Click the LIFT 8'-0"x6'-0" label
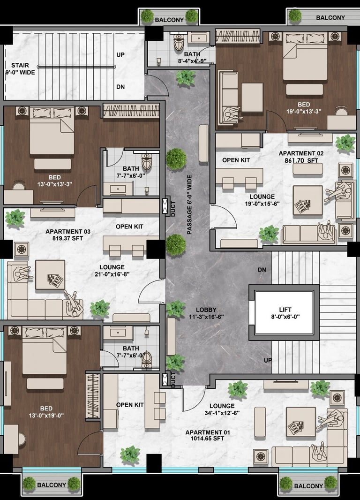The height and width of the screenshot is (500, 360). (x=285, y=313)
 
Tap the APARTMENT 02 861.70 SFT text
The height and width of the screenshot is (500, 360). (x=301, y=157)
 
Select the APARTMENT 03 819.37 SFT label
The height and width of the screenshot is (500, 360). (x=68, y=235)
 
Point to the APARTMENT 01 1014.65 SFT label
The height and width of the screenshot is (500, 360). (x=207, y=436)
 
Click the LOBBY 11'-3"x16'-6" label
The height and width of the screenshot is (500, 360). (x=206, y=313)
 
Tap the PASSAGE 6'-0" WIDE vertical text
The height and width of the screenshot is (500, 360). (x=189, y=205)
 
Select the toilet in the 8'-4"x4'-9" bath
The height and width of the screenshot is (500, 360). (x=179, y=41)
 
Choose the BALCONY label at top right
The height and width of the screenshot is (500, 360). (x=330, y=18)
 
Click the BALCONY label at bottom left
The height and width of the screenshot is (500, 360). (x=52, y=485)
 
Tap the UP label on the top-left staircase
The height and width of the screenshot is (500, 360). (x=120, y=55)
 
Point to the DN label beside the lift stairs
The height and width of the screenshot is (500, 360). (x=262, y=270)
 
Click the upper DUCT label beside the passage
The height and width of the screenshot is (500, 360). (x=173, y=209)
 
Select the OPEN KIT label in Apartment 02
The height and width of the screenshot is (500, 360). (x=236, y=160)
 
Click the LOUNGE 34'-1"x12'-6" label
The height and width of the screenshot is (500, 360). (x=222, y=409)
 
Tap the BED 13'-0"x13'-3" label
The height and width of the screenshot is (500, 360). (x=55, y=181)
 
